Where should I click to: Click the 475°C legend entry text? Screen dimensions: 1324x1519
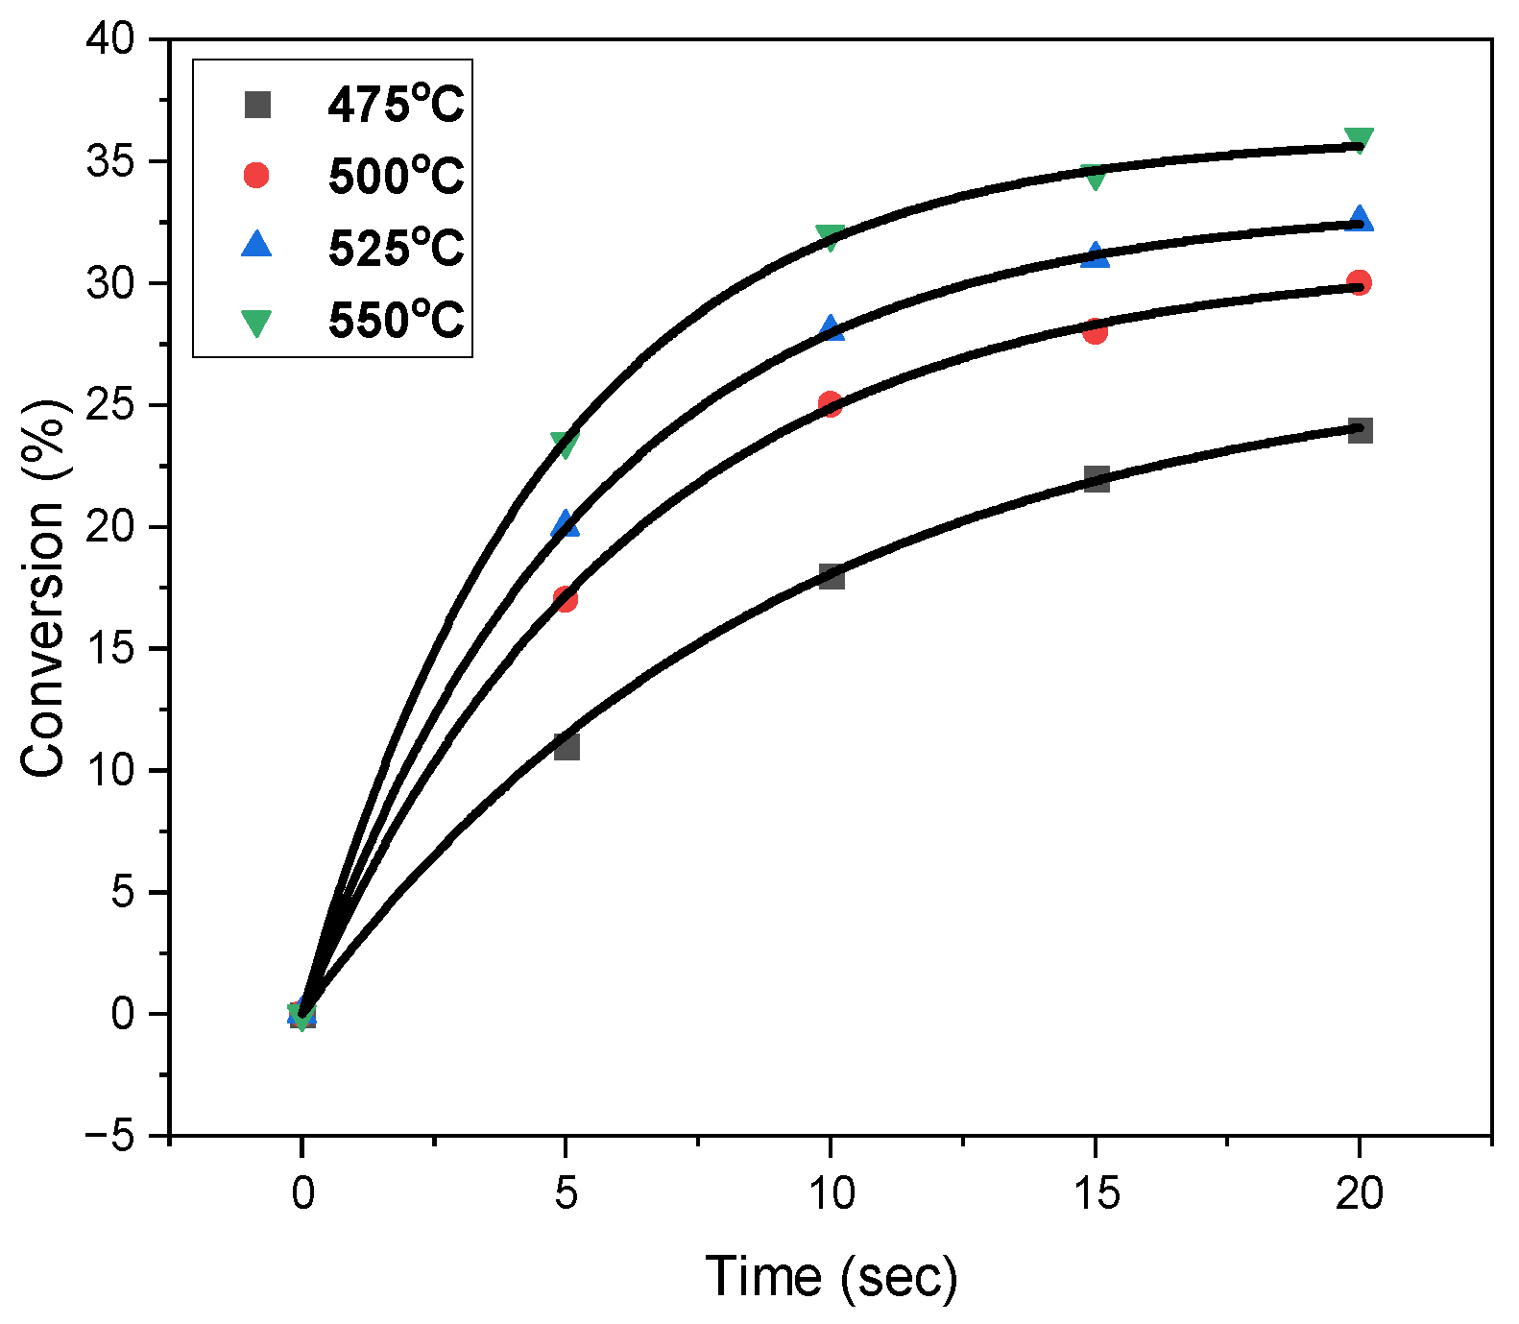click(x=396, y=105)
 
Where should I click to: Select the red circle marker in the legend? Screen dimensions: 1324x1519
click(x=256, y=176)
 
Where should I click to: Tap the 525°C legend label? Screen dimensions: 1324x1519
click(x=396, y=248)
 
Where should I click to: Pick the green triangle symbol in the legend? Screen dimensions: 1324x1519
click(x=256, y=322)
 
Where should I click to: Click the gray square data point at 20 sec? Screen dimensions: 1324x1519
click(x=1360, y=430)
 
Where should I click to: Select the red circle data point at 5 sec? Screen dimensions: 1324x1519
click(x=566, y=599)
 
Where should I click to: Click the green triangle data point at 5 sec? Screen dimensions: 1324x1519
click(x=566, y=444)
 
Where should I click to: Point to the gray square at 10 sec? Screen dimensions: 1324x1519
click(x=832, y=576)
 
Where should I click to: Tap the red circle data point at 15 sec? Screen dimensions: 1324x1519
click(x=1095, y=331)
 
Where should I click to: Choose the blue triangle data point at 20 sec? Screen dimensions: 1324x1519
click(x=1360, y=220)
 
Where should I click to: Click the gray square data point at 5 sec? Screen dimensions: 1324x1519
click(x=567, y=746)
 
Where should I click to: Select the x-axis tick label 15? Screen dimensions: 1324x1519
click(x=1096, y=1193)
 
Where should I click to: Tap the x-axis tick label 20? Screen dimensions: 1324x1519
click(x=1360, y=1193)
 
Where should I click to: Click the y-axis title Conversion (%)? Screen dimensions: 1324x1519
click(x=44, y=588)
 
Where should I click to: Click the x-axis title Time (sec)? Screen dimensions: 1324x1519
click(x=832, y=1277)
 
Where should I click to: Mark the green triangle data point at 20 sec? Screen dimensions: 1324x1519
click(x=1360, y=140)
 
